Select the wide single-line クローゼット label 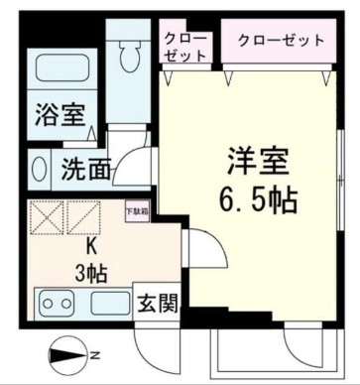[x=281, y=41]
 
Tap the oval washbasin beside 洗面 [x=39, y=168]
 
